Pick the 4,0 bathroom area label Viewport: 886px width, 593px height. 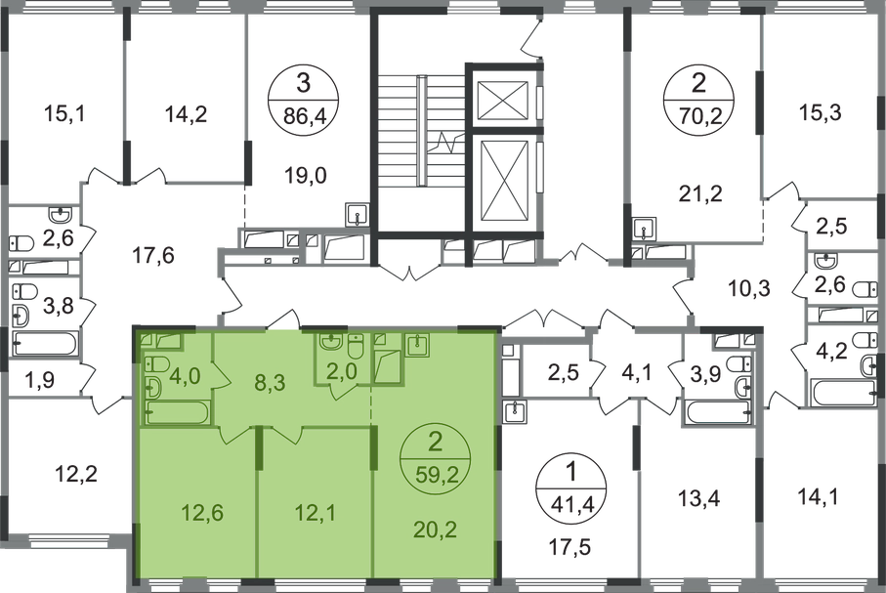185,372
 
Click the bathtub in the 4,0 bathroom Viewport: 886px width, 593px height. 176,412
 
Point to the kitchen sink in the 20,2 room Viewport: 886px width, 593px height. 418,345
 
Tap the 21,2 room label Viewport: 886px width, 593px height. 703,193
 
